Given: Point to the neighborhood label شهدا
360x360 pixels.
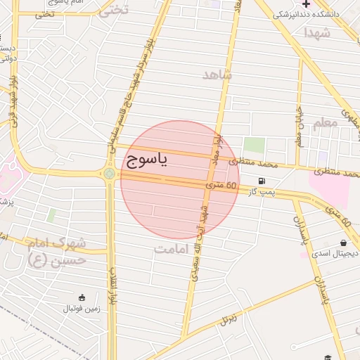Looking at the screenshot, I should click(317, 32).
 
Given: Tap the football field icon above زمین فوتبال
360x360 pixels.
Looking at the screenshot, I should click(82, 297).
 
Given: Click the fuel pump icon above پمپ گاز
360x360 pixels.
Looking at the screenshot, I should click(262, 181).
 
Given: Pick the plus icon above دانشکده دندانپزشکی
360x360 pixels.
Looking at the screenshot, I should click(306, 4).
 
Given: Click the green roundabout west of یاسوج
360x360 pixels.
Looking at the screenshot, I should click(109, 173).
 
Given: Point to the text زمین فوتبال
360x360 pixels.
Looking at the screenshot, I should click(83, 308).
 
